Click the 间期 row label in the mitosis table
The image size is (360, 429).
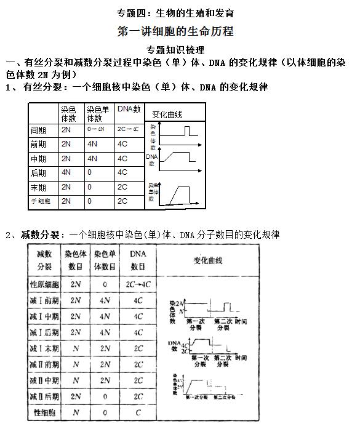pyautogui.click(x=38, y=130)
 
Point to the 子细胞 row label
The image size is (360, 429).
pyautogui.click(x=41, y=201)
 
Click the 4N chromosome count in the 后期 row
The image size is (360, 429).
pyautogui.click(x=66, y=173)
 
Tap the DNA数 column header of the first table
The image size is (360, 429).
pyautogui.click(x=128, y=110)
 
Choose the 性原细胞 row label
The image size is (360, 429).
pyautogui.click(x=45, y=285)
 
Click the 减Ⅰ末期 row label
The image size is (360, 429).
pyautogui.click(x=45, y=348)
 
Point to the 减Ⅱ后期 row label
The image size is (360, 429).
pyautogui.click(x=45, y=396)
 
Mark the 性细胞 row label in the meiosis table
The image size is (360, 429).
pyautogui.click(x=45, y=412)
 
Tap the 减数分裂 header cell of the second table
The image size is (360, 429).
pyautogui.click(x=45, y=260)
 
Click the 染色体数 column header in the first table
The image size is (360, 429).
pyautogui.click(x=69, y=114)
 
